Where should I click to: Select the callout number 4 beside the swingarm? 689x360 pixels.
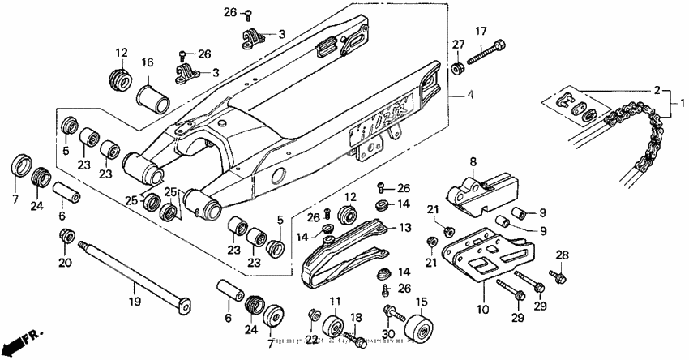pos(470,94)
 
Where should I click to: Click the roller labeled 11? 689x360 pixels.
pos(333,328)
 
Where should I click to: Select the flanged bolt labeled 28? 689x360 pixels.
pos(558,279)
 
